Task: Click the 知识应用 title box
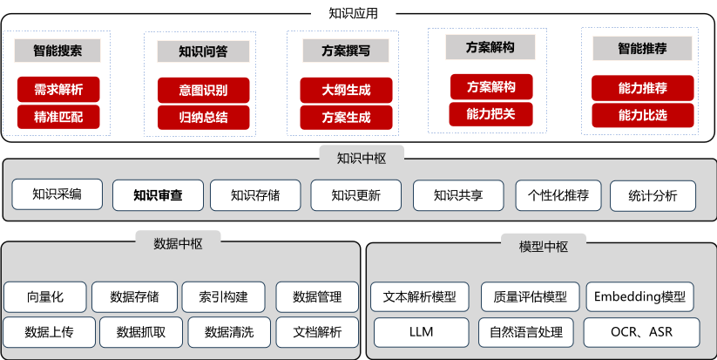tap(352, 13)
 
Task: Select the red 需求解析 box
tap(58, 90)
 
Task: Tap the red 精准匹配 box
tap(58, 116)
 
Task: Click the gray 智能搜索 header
tap(58, 51)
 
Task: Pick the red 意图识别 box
tap(203, 90)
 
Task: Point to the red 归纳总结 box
tap(203, 117)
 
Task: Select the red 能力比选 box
tap(643, 114)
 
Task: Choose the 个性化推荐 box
tap(558, 195)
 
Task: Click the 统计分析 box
tap(653, 195)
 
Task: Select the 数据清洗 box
tap(229, 331)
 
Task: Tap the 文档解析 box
tap(317, 331)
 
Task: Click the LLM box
tap(421, 331)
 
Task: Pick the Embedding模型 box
tap(640, 296)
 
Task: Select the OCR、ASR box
tap(641, 331)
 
